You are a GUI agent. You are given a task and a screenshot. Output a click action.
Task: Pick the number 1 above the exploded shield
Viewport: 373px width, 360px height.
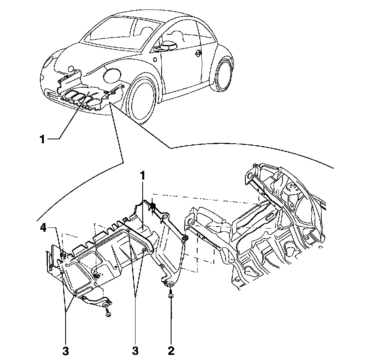point(143,175)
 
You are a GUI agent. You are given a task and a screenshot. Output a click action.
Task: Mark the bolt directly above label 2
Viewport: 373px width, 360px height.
point(170,294)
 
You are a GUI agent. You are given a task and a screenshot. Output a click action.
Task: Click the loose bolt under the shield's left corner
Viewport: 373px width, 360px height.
point(108,314)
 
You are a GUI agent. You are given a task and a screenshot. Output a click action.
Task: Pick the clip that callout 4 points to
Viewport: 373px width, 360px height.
point(63,253)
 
